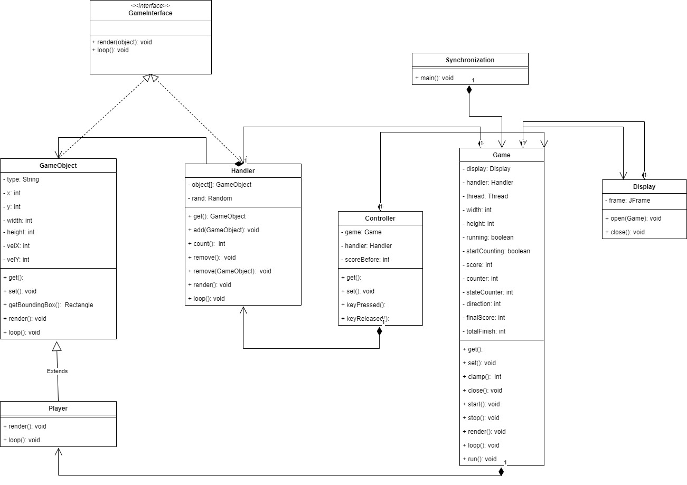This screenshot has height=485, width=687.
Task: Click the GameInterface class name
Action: (150, 13)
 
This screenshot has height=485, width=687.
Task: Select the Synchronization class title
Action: (469, 60)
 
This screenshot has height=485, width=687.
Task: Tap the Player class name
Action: (58, 408)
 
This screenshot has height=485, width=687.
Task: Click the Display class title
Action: (644, 187)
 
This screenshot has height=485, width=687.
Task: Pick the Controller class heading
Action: (380, 218)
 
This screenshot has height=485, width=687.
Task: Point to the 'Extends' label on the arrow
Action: (58, 371)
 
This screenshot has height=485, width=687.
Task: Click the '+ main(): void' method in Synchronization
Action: (434, 78)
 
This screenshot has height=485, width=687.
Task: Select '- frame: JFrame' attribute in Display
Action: (627, 201)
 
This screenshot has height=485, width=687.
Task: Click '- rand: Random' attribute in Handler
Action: (210, 198)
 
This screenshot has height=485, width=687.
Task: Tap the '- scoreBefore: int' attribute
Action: (365, 259)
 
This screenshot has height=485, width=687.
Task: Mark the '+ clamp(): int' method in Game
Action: (482, 377)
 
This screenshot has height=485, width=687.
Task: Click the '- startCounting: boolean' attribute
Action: (496, 251)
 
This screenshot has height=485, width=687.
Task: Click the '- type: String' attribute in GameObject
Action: (21, 179)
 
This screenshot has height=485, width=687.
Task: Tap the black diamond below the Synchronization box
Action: (469, 90)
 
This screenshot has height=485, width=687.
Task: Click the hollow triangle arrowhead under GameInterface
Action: (151, 78)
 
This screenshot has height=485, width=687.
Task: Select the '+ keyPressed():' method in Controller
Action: (365, 305)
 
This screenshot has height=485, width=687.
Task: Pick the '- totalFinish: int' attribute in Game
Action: (484, 331)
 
